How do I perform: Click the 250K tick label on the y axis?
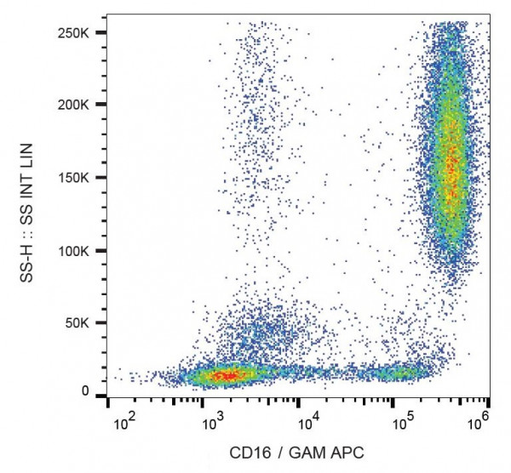pos(79,31)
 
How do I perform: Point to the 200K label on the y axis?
pos(79,105)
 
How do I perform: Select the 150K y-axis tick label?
pos(79,178)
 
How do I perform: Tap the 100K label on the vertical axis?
pos(79,251)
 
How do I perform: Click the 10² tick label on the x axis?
pos(124,421)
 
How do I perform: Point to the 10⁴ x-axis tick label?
pos(308,421)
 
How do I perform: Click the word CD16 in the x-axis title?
pos(249,453)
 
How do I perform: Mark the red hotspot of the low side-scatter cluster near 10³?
pos(226,374)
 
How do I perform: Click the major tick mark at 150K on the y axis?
pos(101,178)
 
